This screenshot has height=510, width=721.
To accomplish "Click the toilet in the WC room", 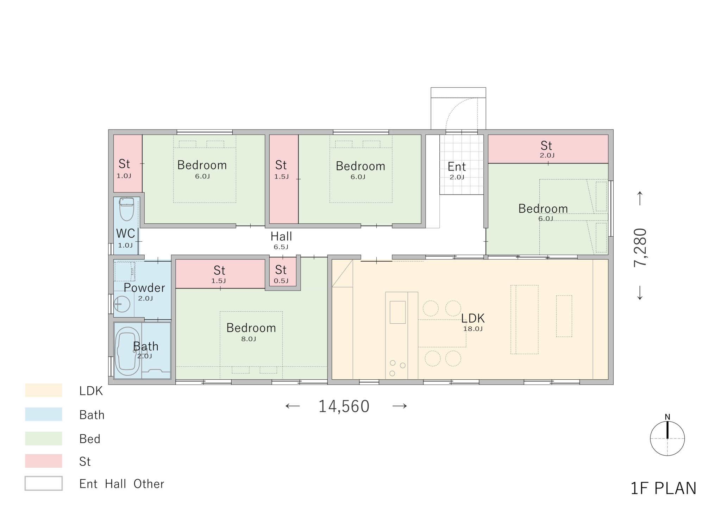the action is pos(126,209).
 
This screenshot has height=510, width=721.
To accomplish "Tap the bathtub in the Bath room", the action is pos(127,351).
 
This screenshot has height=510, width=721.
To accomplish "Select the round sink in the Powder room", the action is pos(122,304).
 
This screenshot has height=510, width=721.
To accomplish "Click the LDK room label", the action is pos(473,318).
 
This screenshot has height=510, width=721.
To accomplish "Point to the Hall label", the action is pos(281,236).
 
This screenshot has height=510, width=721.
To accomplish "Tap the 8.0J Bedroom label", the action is pos(251,328).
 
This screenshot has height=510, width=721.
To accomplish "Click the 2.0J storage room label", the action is pos(546,145).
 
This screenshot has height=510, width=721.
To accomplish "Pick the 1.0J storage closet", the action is pos(128,163).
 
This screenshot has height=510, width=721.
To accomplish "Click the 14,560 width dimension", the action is pos(344,406).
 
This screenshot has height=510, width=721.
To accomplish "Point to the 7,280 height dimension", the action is pos(640,247).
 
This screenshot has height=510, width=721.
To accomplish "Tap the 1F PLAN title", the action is pos(663,489).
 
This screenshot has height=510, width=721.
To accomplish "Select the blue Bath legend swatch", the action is pos(44,414).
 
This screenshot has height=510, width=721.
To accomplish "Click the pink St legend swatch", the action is pos(44,461).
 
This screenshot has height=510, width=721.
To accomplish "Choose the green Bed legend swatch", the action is pos(44,438).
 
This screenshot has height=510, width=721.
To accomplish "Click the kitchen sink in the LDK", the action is pos(397,312).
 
